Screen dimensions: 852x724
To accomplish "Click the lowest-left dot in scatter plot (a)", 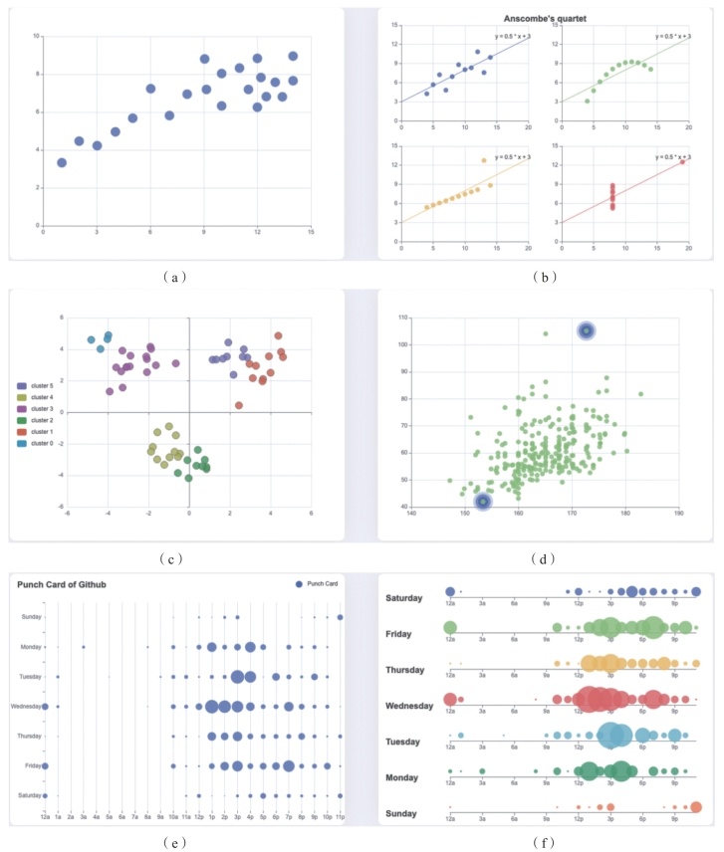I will [x=62, y=162].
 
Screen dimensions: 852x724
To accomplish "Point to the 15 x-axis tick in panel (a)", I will [x=311, y=232].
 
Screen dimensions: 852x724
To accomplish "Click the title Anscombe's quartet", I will [x=540, y=17].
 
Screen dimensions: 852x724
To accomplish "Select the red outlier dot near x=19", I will [x=682, y=161].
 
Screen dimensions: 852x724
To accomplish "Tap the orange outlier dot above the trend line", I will [x=484, y=160].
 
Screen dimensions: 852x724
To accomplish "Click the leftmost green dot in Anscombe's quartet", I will [x=587, y=101].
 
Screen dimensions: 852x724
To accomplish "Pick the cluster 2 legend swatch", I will [x=23, y=420].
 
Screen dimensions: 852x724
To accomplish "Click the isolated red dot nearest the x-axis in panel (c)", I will [x=239, y=405].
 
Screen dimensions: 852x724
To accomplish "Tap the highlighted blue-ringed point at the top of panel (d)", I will [x=587, y=330].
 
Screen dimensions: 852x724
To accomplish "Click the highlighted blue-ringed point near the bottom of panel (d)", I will [x=483, y=502].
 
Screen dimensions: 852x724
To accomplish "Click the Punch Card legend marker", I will [x=299, y=583].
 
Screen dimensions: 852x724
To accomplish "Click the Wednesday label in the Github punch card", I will [x=25, y=707].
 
